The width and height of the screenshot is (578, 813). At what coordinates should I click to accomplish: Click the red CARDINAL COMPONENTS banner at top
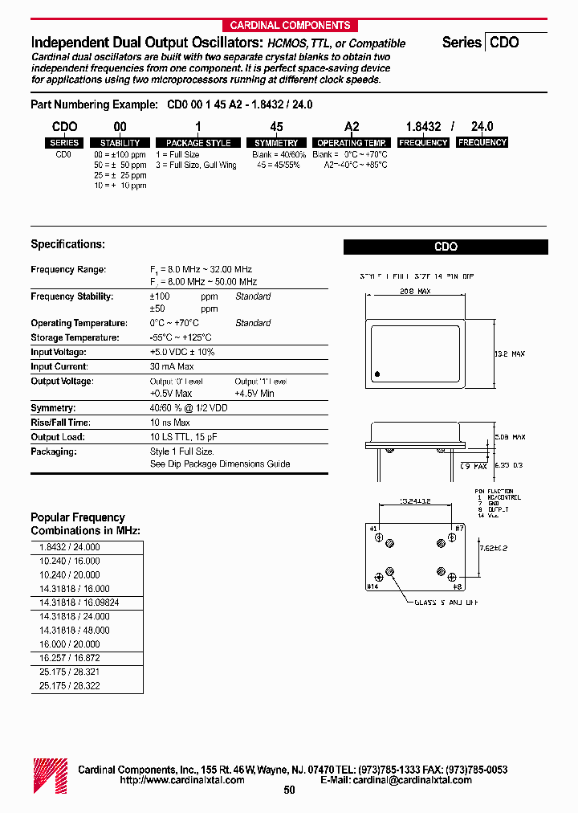290,25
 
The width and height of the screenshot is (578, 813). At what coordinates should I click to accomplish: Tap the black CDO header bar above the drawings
446,247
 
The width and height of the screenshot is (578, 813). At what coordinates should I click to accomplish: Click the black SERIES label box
64,143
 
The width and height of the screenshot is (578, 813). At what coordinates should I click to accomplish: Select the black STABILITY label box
120,143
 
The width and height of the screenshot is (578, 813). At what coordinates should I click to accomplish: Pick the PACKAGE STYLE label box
197,143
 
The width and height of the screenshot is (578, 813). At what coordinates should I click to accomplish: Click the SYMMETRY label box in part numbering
276,143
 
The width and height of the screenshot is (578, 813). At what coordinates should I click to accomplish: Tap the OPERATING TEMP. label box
352,143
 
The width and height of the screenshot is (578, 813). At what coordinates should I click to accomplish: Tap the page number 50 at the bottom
290,791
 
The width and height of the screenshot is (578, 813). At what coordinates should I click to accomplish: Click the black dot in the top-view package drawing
377,374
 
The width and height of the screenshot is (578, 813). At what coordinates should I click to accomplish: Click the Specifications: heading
67,244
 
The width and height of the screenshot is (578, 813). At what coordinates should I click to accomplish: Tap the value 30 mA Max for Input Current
172,366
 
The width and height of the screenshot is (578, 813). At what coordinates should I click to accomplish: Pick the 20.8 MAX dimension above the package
415,292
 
